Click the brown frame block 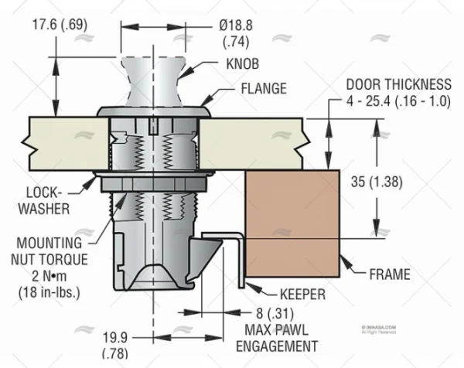tap(294, 225)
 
